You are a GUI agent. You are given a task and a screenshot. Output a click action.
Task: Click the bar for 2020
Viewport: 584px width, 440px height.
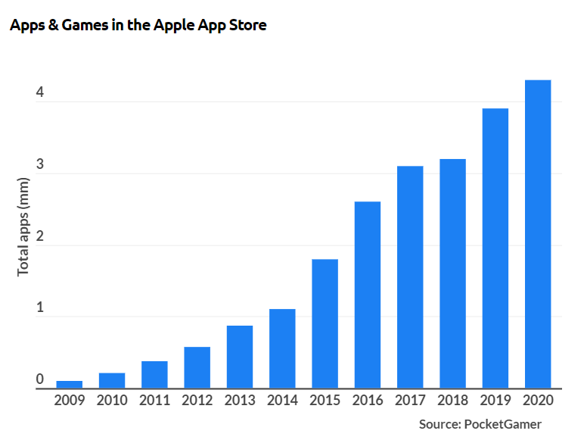538,234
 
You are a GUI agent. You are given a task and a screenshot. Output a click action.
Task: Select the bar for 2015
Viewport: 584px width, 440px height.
325,324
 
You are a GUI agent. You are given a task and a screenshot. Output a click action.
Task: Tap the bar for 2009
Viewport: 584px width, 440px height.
70,385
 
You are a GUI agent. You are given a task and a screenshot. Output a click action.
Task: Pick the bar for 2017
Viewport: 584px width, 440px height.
410,277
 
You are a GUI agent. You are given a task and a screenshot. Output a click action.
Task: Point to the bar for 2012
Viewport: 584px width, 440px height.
197,368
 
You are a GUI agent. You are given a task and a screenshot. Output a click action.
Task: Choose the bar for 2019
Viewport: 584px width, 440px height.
495,248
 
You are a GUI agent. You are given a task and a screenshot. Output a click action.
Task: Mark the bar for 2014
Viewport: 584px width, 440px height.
282,349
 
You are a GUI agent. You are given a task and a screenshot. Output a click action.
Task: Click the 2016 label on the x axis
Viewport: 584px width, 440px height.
367,401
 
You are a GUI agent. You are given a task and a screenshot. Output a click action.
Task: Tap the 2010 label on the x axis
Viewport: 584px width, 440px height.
112,401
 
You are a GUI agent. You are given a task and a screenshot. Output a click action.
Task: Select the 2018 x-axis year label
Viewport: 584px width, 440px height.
452,401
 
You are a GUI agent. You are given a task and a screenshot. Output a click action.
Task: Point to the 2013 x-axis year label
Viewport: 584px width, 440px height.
240,401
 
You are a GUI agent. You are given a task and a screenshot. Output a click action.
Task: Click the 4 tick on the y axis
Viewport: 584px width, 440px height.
39,93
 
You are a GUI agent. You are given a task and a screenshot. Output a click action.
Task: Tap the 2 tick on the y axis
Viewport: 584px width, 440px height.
39,237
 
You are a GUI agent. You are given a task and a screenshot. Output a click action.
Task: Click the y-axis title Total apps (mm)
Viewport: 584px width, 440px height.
23,226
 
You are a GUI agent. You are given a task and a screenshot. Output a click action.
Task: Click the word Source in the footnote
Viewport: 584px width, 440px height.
440,424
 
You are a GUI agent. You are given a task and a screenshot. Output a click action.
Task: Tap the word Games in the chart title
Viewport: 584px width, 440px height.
76,25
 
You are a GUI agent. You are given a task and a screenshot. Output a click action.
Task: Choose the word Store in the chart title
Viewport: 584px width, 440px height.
247,25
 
